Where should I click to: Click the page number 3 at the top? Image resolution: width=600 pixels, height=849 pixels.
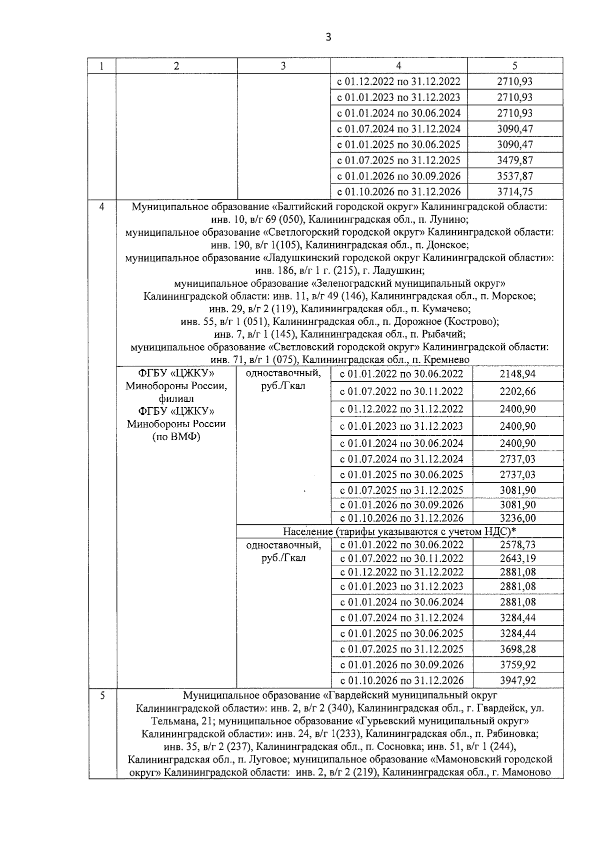(328, 37)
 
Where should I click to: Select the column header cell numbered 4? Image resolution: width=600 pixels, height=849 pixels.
(398, 66)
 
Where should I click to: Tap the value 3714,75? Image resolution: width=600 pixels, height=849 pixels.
(514, 192)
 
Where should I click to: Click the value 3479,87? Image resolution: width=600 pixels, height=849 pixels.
(514, 160)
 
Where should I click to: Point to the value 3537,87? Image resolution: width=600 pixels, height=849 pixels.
(514, 176)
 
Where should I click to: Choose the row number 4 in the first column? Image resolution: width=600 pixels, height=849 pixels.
(102, 207)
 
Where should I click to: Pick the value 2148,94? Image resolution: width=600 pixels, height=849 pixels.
(517, 374)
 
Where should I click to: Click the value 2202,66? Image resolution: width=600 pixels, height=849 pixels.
(517, 391)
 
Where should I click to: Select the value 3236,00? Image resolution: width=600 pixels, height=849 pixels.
(517, 518)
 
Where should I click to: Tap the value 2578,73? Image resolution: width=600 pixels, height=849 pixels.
(517, 545)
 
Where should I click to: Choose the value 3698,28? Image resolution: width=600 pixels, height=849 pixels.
(517, 649)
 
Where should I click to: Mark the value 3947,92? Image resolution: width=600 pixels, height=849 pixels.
(517, 680)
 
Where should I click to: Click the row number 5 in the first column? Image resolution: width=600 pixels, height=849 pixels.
(102, 695)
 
